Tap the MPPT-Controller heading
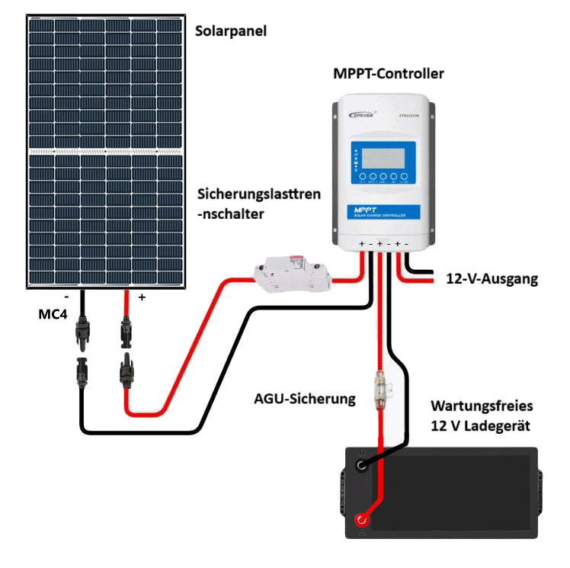click(x=389, y=74)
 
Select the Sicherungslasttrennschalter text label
click(x=258, y=204)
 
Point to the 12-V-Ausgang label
click(x=492, y=279)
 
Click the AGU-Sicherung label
click(x=305, y=398)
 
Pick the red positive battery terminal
click(x=360, y=521)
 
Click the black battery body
click(x=450, y=492)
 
